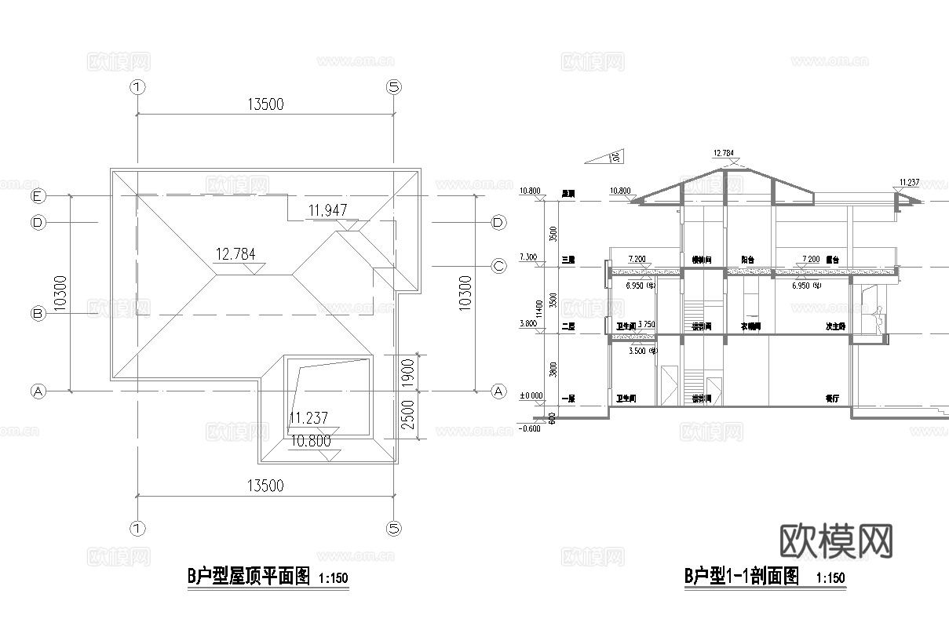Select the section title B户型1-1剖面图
point(742,577)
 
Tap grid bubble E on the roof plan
point(36,195)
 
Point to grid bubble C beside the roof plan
point(498,266)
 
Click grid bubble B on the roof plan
point(36,313)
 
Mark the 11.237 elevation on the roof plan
point(308,418)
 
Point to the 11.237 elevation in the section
point(908,182)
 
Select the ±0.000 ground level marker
point(531,397)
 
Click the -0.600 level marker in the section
point(530,428)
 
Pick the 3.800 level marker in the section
point(530,323)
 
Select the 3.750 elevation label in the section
point(648,324)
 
